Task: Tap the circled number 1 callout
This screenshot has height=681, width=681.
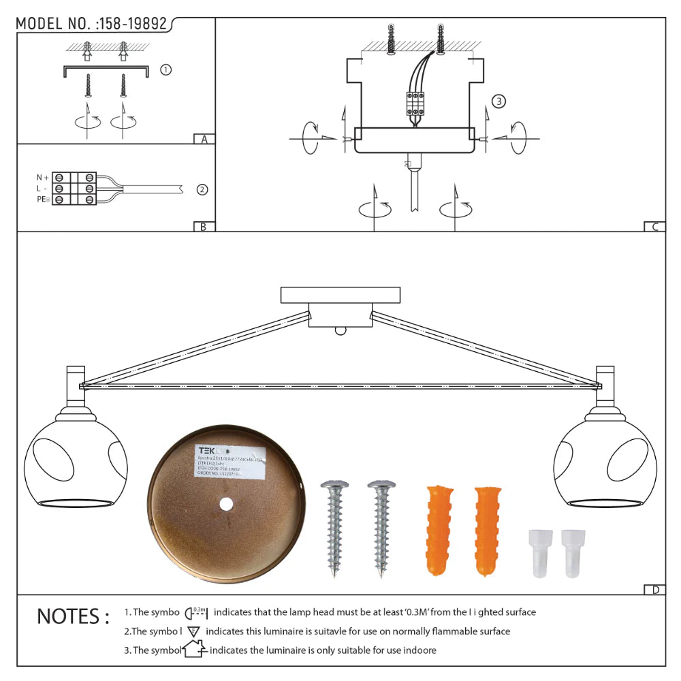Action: pyautogui.click(x=165, y=69)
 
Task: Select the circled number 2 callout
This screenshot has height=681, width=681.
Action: pyautogui.click(x=202, y=189)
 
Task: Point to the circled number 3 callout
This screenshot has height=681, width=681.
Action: pyautogui.click(x=498, y=102)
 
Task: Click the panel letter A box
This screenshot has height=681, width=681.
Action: pyautogui.click(x=203, y=139)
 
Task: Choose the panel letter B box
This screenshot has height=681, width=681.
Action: pyautogui.click(x=203, y=227)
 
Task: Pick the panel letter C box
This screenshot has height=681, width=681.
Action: pyautogui.click(x=654, y=227)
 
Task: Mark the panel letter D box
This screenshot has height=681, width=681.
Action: pyautogui.click(x=654, y=590)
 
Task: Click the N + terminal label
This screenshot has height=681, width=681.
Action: pyautogui.click(x=43, y=178)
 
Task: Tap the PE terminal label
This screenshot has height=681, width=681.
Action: pyautogui.click(x=43, y=200)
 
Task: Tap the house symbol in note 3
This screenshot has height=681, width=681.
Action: pyautogui.click(x=195, y=650)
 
